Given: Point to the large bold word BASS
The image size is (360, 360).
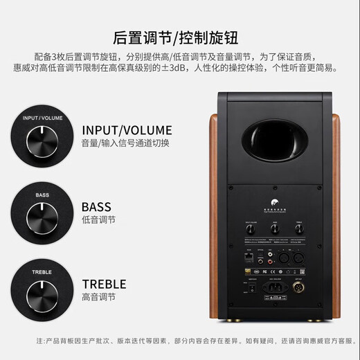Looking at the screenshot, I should point(96,206).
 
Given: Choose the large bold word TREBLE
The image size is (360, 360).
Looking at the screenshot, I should point(104,283).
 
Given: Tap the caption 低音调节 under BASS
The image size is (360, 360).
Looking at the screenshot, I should point(99,220).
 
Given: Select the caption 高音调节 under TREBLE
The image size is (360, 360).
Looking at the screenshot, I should point(99,297).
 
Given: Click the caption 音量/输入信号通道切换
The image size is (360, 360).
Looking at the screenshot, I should point(125,143).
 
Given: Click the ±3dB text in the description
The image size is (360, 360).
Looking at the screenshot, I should point(219,68).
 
